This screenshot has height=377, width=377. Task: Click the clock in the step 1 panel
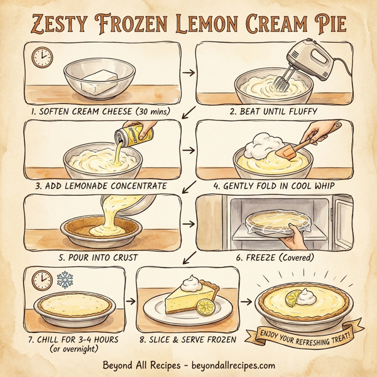point(42,57)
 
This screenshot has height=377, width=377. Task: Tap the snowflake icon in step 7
point(65,278)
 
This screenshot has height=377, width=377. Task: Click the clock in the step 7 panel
point(41,279)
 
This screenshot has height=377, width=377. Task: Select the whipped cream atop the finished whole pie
point(307,293)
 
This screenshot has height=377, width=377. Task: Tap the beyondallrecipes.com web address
point(224,364)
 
